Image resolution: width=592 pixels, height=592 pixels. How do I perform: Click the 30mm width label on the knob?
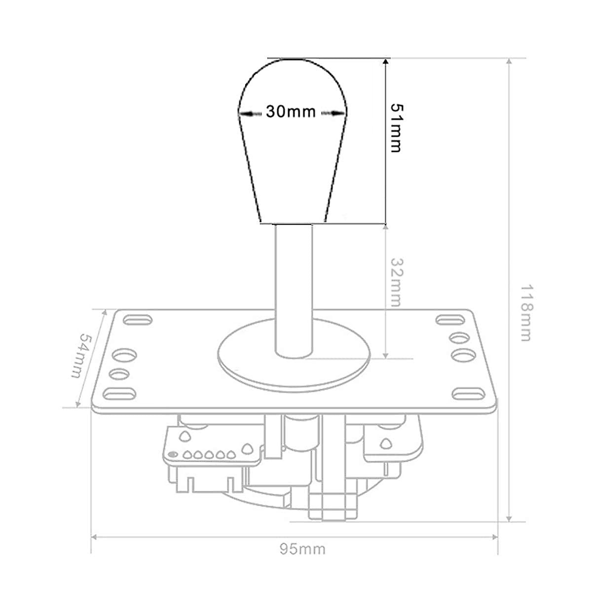291,111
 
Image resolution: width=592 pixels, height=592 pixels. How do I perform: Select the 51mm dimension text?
397,128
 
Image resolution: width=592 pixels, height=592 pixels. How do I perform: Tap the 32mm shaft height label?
396,283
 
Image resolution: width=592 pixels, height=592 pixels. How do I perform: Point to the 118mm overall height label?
526,313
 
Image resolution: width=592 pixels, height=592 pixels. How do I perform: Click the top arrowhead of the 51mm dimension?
386,63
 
